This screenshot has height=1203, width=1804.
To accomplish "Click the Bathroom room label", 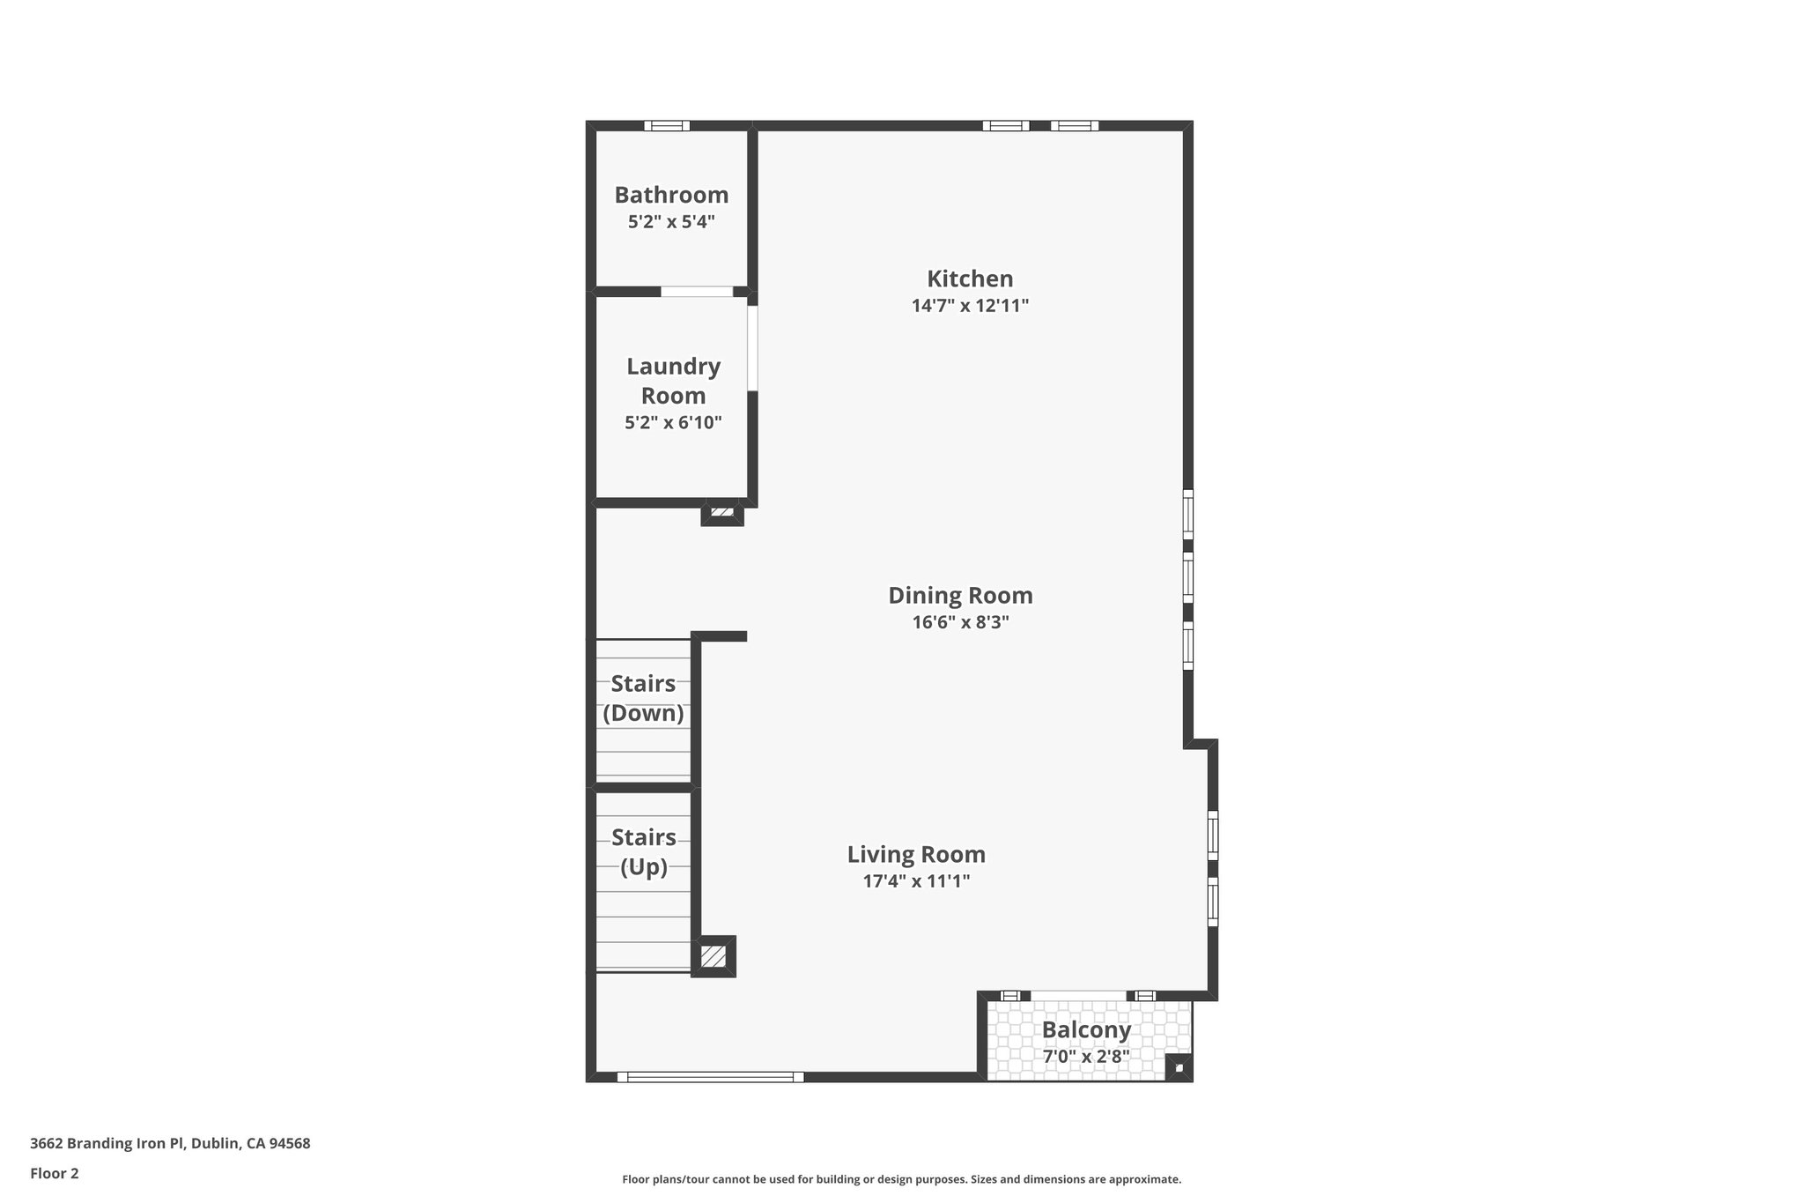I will tap(671, 195).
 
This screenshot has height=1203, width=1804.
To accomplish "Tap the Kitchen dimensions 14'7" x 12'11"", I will tap(970, 306).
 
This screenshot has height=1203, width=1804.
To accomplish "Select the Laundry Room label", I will tap(673, 381).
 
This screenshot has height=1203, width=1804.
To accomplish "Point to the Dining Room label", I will tap(960, 595).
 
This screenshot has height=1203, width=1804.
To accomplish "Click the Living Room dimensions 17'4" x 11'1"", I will tap(916, 880).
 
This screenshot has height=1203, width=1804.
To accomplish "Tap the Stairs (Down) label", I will tap(643, 698).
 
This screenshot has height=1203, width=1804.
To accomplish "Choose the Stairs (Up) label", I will tap(643, 851).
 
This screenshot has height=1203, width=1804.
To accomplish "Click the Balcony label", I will tap(1086, 1029).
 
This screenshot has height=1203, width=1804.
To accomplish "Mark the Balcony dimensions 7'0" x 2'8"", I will tap(1086, 1056).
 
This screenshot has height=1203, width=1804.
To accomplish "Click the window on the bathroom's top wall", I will tap(667, 125).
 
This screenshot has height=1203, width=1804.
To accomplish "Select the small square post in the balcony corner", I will tap(1179, 1068).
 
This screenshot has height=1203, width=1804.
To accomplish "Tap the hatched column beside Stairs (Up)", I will tap(713, 956).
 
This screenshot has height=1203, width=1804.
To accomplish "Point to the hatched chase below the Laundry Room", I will tap(722, 512).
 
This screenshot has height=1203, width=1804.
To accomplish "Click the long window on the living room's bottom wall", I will tap(711, 1076).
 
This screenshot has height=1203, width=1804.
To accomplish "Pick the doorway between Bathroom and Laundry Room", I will tap(697, 291).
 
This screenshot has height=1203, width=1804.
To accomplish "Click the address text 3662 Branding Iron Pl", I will tap(170, 1144).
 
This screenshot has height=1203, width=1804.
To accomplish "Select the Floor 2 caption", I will tap(55, 1173).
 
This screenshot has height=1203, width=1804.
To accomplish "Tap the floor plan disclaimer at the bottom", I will tap(901, 1179).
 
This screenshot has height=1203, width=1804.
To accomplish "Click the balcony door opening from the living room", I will tap(1077, 996).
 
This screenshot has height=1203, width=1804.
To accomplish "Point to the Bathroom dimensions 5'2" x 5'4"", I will tap(671, 222).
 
